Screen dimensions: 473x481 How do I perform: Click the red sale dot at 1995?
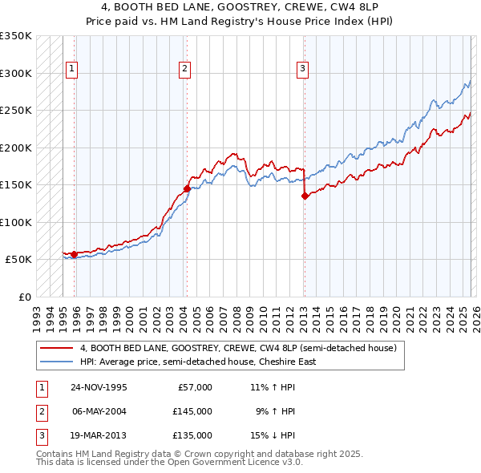[x=75, y=254]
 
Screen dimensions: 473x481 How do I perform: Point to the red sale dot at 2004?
[x=187, y=188]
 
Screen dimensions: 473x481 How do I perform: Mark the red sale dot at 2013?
[x=305, y=196]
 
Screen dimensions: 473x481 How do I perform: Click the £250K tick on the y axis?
[x=16, y=111]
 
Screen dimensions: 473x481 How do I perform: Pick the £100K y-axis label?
[x=16, y=222]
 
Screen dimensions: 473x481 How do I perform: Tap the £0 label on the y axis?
[x=24, y=297]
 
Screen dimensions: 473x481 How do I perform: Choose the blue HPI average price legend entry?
[x=198, y=362]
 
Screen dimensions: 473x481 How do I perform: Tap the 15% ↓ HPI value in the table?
[x=273, y=435]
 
